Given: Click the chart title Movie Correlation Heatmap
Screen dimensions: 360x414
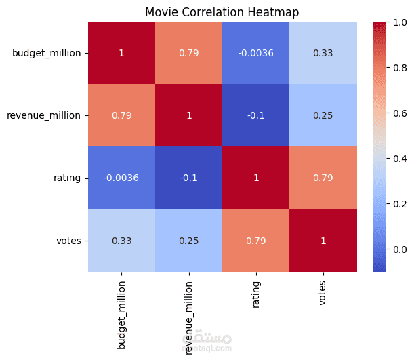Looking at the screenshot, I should (222, 12).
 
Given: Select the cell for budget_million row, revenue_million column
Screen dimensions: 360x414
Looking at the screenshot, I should (189, 53).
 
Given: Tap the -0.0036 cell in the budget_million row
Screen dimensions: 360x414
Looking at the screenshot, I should (256, 53).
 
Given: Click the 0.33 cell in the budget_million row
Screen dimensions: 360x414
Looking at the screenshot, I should (323, 53).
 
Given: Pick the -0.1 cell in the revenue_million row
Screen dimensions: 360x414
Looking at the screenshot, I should (256, 115).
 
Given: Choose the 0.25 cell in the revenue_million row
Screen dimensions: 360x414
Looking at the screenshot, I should (323, 115).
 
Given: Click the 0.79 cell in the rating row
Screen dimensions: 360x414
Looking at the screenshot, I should (323, 178).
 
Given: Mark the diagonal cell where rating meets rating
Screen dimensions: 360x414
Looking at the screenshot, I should (256, 178).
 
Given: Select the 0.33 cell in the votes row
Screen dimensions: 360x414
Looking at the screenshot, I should (122, 241).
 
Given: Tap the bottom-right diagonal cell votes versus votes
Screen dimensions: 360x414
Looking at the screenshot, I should (323, 241).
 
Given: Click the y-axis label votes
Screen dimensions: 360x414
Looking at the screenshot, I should (70, 241).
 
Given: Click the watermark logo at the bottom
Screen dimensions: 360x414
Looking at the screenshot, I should (213, 340).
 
